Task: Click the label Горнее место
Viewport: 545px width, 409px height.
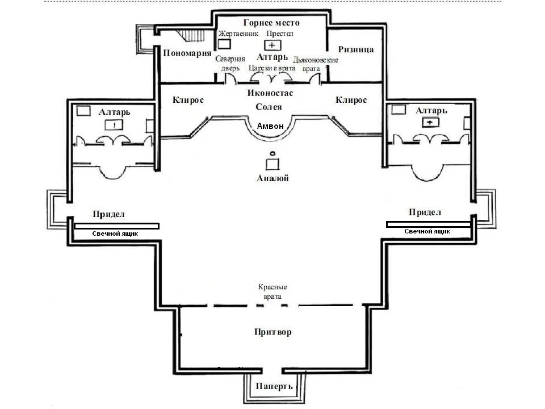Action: pyautogui.click(x=271, y=23)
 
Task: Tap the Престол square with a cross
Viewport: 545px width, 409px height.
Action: pyautogui.click(x=272, y=45)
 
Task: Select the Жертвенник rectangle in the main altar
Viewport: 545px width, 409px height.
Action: pyautogui.click(x=225, y=43)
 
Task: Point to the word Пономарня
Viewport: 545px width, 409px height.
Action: pyautogui.click(x=183, y=53)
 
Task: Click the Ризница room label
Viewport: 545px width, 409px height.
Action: pyautogui.click(x=355, y=49)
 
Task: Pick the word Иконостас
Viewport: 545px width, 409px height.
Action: pyautogui.click(x=270, y=93)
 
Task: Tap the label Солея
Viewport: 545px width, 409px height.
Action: pyautogui.click(x=269, y=107)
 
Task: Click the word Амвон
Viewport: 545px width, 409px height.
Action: pyautogui.click(x=269, y=126)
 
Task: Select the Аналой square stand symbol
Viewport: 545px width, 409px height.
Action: pyautogui.click(x=273, y=164)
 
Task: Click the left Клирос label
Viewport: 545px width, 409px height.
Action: pyautogui.click(x=188, y=100)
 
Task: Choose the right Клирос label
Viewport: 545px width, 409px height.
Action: pyautogui.click(x=351, y=100)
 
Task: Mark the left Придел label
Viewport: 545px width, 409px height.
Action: pyautogui.click(x=108, y=214)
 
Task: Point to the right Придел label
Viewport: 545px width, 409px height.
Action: pyautogui.click(x=425, y=212)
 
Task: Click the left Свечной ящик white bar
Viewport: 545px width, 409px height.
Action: pyautogui.click(x=116, y=226)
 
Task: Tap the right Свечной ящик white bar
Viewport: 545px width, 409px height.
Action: pyautogui.click(x=428, y=224)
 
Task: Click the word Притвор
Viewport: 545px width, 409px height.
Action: pyautogui.click(x=272, y=332)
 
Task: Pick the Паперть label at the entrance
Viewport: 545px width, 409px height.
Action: pyautogui.click(x=274, y=386)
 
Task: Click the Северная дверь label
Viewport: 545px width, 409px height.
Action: pyautogui.click(x=230, y=63)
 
